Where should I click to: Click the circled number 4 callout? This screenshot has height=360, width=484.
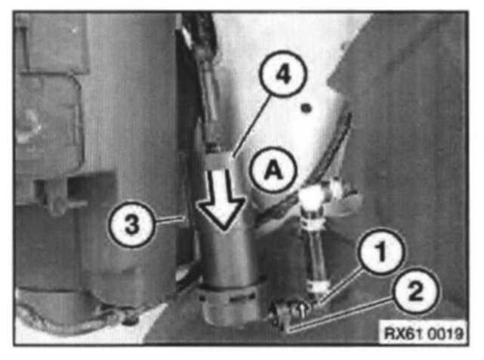(283, 75)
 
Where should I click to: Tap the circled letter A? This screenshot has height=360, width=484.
(273, 170)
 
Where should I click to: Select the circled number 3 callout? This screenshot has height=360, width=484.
(132, 224)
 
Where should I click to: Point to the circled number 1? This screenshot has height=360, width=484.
(381, 251)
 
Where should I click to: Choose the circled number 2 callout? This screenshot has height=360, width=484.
(415, 291)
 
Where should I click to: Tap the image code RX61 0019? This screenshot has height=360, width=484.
(423, 333)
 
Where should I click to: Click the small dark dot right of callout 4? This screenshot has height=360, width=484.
(307, 108)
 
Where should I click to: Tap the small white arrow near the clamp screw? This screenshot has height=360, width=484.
(303, 310)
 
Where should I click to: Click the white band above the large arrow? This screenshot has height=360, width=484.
(220, 161)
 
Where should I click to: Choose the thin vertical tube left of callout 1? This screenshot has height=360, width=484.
(316, 250)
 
